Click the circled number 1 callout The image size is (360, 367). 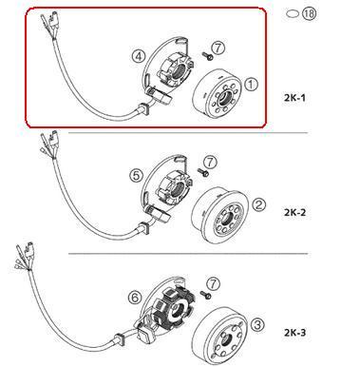[252, 85]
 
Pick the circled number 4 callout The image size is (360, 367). [140, 57]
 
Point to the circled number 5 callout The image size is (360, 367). [135, 175]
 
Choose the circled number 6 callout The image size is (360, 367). [137, 298]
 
